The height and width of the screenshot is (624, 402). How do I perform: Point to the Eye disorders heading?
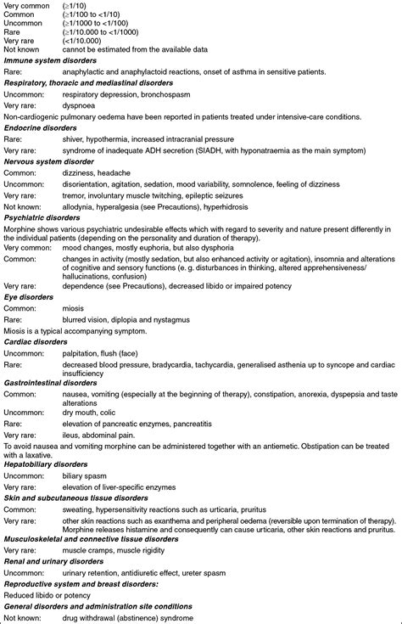(x=28, y=298)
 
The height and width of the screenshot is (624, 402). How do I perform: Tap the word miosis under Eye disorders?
(x=73, y=309)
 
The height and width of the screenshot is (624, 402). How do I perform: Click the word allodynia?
(x=79, y=206)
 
